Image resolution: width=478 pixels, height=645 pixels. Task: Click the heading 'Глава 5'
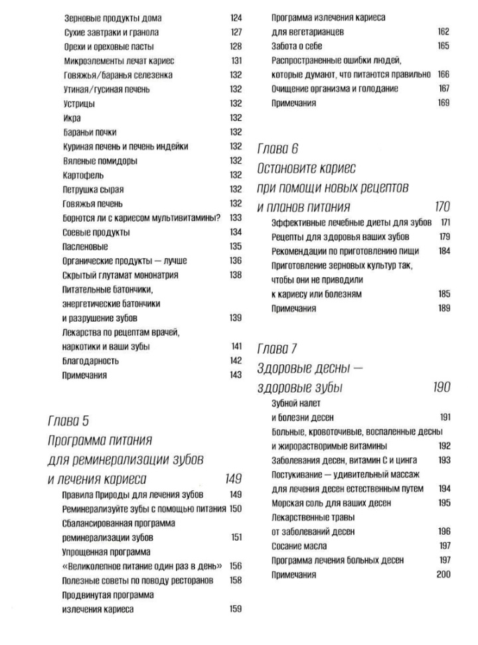click(x=69, y=421)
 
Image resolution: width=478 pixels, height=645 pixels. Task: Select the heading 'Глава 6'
click(x=278, y=149)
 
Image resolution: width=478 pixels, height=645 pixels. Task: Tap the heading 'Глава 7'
click(x=278, y=348)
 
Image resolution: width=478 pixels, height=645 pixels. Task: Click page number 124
click(x=236, y=18)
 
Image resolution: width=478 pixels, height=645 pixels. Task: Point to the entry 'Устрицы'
click(x=78, y=104)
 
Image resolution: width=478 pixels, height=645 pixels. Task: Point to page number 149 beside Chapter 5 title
click(x=232, y=478)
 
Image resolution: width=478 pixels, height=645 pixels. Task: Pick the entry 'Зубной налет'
click(x=296, y=403)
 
